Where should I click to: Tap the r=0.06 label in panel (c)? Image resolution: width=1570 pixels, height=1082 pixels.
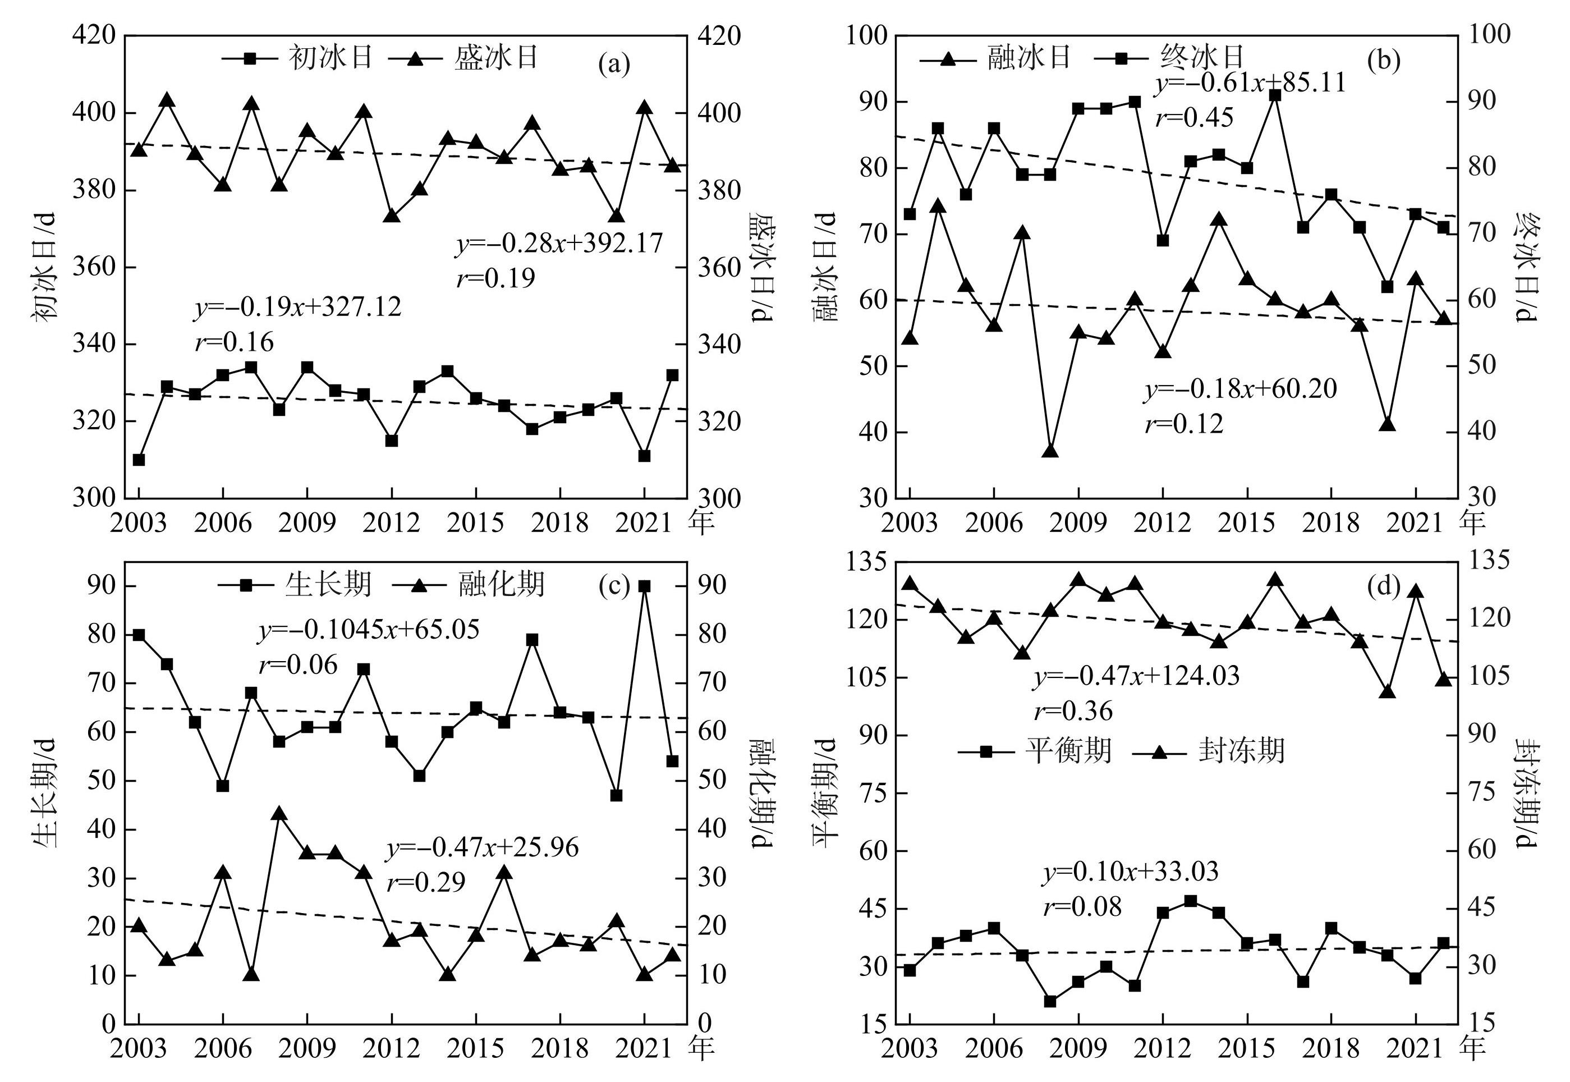(x=299, y=665)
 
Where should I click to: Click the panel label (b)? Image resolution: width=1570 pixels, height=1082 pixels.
(x=1383, y=61)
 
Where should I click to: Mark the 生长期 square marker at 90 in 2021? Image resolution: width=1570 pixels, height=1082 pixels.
(x=644, y=586)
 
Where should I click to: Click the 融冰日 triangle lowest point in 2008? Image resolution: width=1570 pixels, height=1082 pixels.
(x=1050, y=450)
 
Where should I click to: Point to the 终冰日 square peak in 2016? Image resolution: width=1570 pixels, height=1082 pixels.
(x=1275, y=95)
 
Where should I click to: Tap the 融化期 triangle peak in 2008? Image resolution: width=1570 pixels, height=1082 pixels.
(x=279, y=814)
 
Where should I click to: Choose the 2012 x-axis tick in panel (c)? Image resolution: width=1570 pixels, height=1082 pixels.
(x=391, y=1049)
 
